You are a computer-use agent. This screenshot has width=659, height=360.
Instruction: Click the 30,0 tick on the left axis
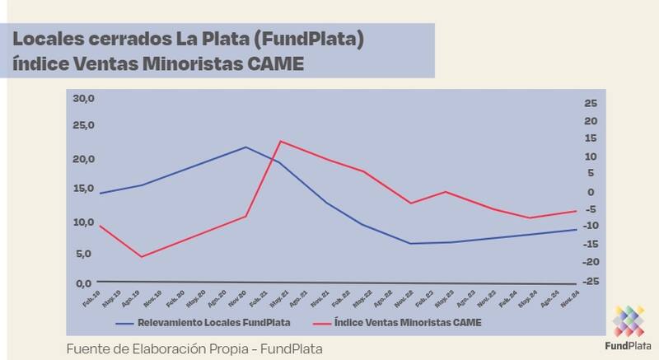point(85,99)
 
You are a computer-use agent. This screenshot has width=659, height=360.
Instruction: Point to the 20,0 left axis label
point(85,159)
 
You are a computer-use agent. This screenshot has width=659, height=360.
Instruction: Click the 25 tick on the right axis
point(588,103)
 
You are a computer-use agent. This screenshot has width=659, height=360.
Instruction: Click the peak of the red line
point(280,141)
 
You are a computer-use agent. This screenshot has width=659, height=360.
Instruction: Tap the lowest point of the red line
point(142,257)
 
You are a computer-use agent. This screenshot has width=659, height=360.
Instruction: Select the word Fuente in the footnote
point(89,348)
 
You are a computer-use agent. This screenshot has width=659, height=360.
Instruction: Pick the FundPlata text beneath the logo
point(630,347)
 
